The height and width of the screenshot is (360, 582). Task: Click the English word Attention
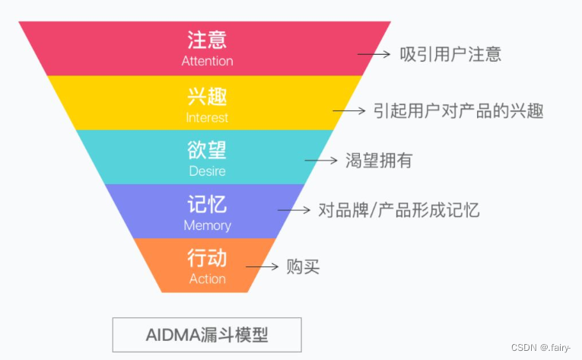point(207,61)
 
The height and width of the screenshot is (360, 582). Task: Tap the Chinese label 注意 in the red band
point(207,40)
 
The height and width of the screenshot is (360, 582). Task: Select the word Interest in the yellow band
point(207,118)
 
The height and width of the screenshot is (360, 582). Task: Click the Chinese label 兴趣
point(207,97)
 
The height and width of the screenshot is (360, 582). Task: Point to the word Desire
point(207,171)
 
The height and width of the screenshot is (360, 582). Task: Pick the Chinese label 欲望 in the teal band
point(207,150)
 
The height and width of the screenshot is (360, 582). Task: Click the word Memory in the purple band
point(207,225)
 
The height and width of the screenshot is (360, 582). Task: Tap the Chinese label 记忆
point(207,204)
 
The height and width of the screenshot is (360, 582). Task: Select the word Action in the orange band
point(207,279)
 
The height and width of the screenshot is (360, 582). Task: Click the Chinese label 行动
point(207,258)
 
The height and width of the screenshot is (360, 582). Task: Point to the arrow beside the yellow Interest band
point(348,110)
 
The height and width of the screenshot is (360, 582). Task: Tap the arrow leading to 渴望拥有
point(320,161)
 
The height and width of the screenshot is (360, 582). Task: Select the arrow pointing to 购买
point(262,267)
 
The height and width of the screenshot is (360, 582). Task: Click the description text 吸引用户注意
point(450,55)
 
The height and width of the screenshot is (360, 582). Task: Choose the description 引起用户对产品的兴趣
point(459,110)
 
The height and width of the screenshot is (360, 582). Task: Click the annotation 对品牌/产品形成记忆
point(399,210)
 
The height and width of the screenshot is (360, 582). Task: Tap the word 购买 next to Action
point(303,267)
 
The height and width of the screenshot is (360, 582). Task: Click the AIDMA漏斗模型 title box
point(207,334)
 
